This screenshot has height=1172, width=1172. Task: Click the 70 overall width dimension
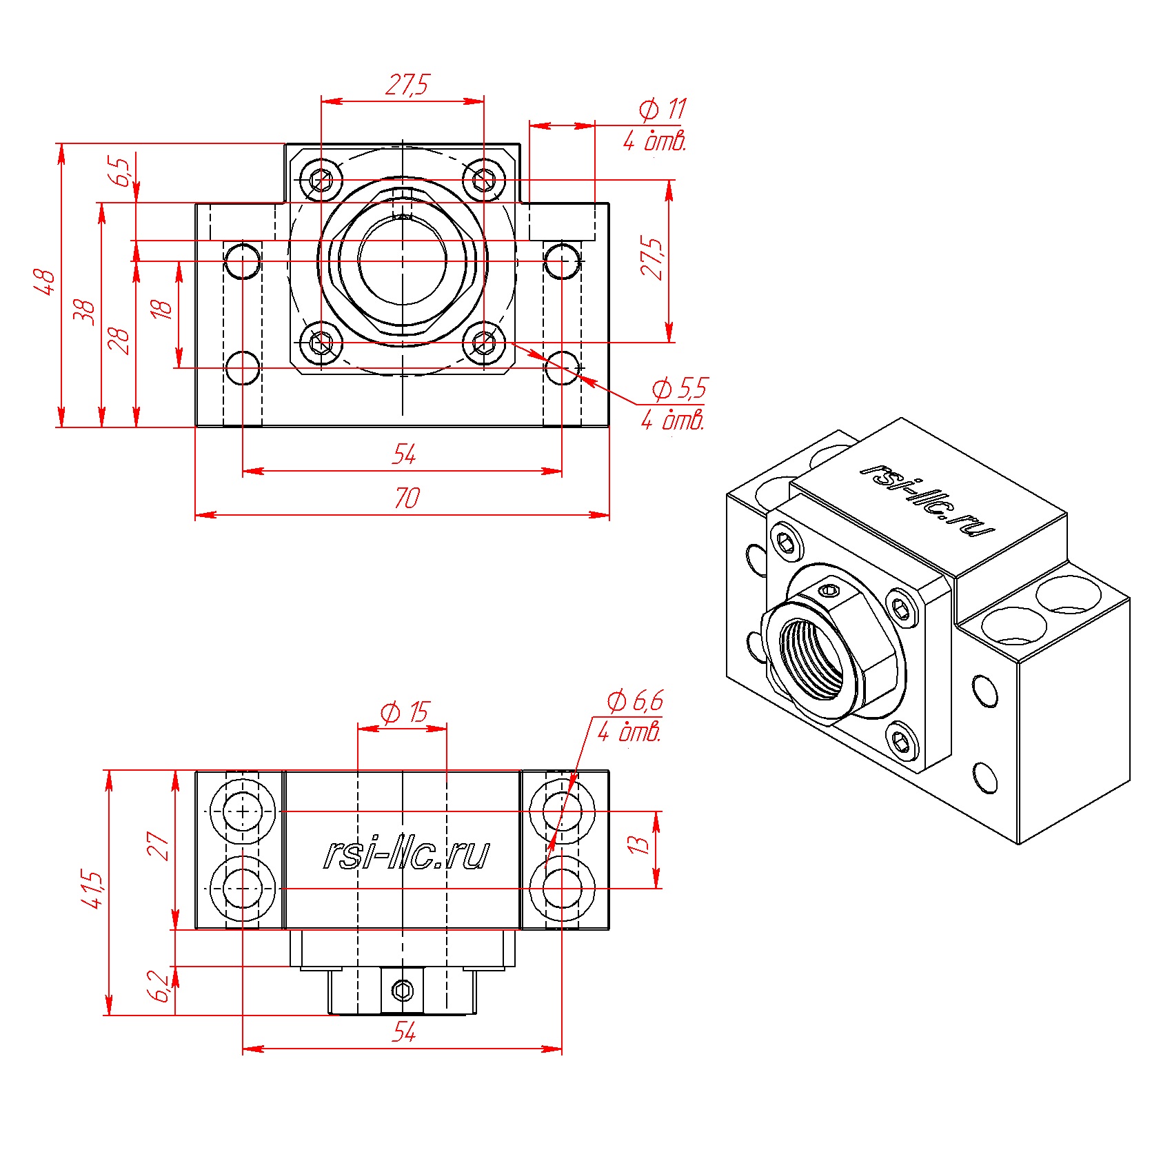click(x=407, y=498)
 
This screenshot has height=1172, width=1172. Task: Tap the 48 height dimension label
click(x=45, y=283)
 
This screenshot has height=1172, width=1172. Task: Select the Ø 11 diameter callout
click(x=663, y=109)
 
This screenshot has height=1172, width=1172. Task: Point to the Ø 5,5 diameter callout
click(x=680, y=389)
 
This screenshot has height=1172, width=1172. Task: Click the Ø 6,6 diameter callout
click(x=635, y=701)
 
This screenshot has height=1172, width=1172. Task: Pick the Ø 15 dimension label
click(x=405, y=712)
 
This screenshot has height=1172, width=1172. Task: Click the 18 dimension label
click(x=161, y=309)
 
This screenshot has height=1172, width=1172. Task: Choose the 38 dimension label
click(x=84, y=312)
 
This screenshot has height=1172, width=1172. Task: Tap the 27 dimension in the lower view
click(x=158, y=846)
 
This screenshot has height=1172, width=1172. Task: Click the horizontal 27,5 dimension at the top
click(x=407, y=85)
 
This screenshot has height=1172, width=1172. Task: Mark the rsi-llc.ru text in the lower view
click(x=407, y=854)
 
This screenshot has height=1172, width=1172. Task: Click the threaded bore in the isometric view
click(x=812, y=658)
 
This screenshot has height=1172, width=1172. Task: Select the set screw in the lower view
click(x=403, y=991)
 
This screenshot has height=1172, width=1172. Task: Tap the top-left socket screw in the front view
click(x=322, y=181)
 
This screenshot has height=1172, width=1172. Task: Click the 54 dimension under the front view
click(x=405, y=454)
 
